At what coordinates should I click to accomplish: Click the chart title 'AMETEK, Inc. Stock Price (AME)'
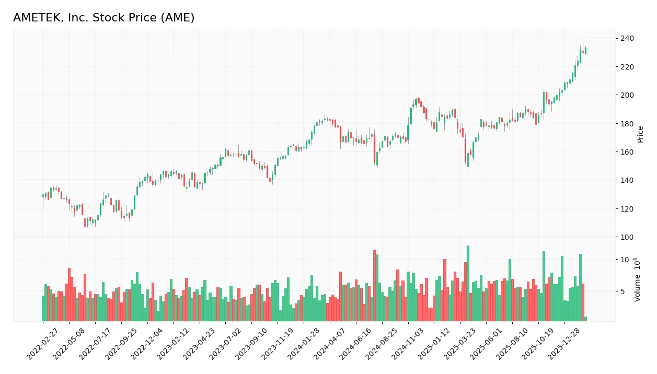click(x=103, y=18)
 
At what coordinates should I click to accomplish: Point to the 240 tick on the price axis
click(x=627, y=39)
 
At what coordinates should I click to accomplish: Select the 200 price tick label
click(x=627, y=95)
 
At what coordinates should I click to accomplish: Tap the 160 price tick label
click(x=627, y=152)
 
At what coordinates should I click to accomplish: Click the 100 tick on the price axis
click(x=627, y=237)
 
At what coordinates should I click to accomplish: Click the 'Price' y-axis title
click(x=641, y=134)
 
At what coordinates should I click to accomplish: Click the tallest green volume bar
click(x=468, y=283)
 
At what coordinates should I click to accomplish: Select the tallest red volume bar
click(x=374, y=285)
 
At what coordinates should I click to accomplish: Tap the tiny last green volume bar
click(x=585, y=319)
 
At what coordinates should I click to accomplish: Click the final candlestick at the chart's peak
click(x=585, y=51)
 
